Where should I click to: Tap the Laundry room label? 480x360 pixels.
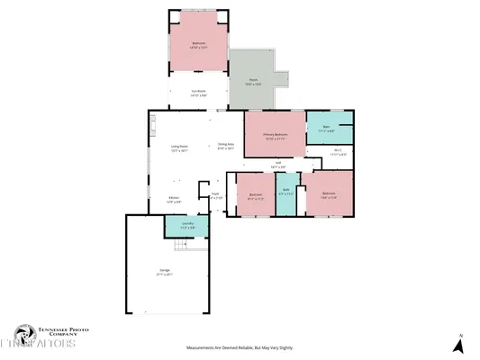(x=188, y=225)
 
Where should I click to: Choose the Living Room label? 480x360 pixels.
(x=179, y=148)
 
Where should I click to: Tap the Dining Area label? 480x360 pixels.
(x=226, y=146)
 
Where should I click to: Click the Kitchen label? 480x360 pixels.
(x=175, y=201)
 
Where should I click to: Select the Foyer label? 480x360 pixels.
(x=215, y=194)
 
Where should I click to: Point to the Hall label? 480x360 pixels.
(x=278, y=165)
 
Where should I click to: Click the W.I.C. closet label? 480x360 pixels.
(x=337, y=153)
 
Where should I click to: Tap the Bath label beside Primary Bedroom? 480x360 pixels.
(x=329, y=129)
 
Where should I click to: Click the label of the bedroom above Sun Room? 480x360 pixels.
(x=199, y=44)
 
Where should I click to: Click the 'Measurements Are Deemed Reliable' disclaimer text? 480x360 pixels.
(x=240, y=347)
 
